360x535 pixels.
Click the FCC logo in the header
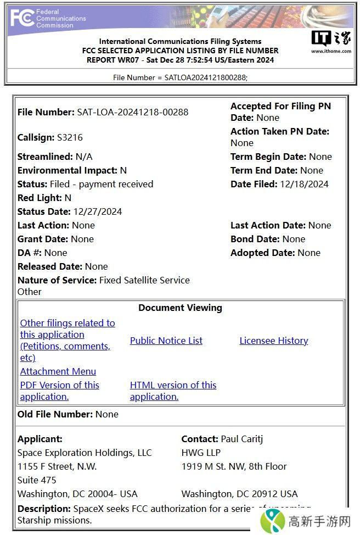coord(22,18)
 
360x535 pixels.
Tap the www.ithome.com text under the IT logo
coord(331,51)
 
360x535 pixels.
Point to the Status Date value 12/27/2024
coord(97,211)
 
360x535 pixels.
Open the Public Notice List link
coord(166,341)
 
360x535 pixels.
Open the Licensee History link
coord(273,341)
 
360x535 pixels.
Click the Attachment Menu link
coord(58,371)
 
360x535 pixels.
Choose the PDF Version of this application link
coord(59,391)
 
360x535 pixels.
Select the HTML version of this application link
coord(173,391)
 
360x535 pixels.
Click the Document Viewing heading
coord(180,308)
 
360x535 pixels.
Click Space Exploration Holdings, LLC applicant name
coord(85,453)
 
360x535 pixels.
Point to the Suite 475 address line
coord(37,480)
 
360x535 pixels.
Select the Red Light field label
coord(40,198)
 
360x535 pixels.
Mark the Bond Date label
coord(255,239)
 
